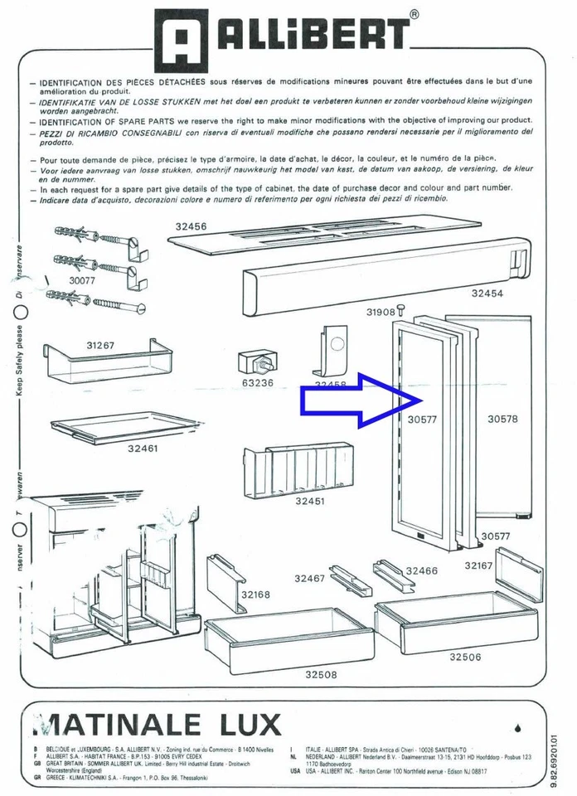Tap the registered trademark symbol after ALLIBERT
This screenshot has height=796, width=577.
tap(414, 14)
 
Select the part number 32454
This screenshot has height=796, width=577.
tap(488, 293)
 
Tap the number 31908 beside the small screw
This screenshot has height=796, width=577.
tap(381, 312)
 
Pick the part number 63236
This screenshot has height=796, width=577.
tap(258, 383)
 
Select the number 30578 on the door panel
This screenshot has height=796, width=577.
tap(502, 419)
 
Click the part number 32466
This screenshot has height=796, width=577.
tap(421, 571)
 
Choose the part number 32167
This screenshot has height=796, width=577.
tap(478, 565)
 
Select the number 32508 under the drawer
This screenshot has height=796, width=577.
tap(320, 674)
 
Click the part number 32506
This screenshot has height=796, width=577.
tap(465, 657)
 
